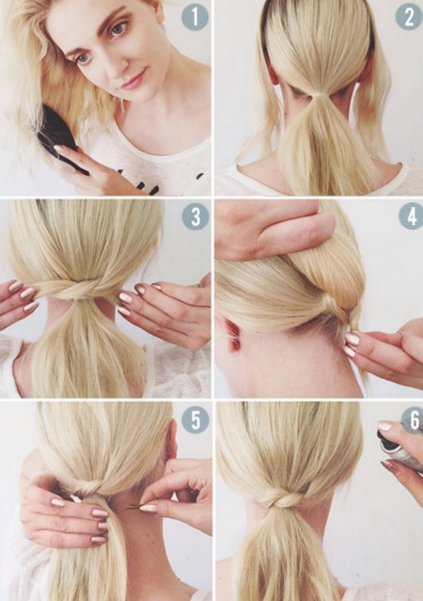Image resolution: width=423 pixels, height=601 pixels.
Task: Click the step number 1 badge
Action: [x=195, y=17]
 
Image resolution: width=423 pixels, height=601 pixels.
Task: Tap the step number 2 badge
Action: [x=409, y=17]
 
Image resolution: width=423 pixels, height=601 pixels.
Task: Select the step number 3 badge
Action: [x=196, y=217]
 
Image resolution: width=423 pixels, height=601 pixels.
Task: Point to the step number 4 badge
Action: [x=411, y=217]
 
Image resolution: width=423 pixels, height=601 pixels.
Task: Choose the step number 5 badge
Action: [x=196, y=420]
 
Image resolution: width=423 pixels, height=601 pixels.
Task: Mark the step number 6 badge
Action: [x=413, y=420]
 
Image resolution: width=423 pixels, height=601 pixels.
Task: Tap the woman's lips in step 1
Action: [x=134, y=80]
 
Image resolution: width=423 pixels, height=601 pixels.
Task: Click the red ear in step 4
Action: [x=233, y=336]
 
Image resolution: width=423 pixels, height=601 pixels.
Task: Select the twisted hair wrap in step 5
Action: [x=86, y=488]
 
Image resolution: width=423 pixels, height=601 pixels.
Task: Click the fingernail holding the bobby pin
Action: [x=149, y=508]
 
